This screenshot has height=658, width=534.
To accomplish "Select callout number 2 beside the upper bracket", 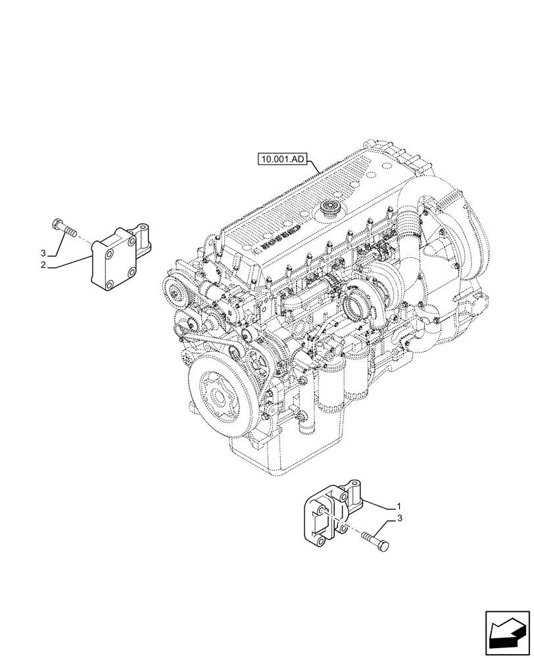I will click(43, 266).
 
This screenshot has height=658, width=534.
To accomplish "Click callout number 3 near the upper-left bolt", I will click(43, 253).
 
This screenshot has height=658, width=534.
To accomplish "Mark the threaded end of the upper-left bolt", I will click(72, 232).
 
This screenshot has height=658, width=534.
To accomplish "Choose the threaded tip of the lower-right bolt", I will click(364, 536).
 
